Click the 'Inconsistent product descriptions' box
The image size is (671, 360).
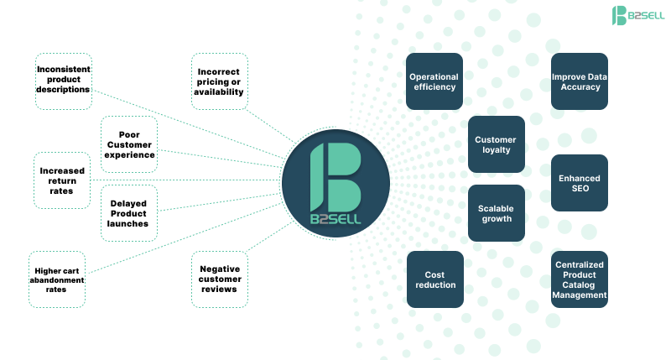[64, 81]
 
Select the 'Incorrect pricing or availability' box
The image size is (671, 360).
[220, 81]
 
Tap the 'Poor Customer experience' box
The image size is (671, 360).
[129, 143]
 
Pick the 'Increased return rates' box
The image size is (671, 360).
[62, 180]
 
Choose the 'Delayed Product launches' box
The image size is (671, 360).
[129, 213]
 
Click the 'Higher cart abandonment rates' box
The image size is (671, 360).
[59, 279]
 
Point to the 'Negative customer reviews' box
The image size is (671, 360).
[220, 279]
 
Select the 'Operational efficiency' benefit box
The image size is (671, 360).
[434, 81]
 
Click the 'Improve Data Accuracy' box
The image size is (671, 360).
[580, 81]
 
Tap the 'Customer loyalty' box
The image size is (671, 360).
[496, 144]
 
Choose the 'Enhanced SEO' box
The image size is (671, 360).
[580, 183]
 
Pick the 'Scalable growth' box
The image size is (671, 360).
[496, 213]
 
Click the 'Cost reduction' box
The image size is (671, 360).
[434, 279]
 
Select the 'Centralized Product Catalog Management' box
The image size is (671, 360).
[580, 279]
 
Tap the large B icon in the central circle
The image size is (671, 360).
[335, 176]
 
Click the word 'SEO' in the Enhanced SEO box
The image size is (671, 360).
[580, 189]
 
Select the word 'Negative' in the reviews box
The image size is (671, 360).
[220, 269]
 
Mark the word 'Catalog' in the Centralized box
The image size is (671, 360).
[580, 284]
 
